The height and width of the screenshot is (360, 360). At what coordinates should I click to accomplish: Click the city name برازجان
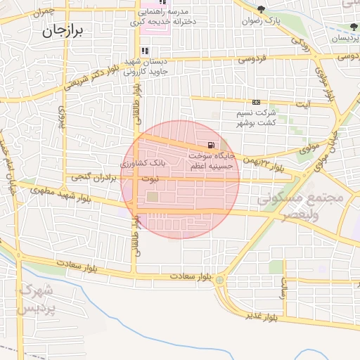click(x=63, y=30)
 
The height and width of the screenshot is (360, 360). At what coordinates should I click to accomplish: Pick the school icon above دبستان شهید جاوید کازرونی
click(x=145, y=51)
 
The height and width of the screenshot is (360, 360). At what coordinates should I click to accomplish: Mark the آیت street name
click(x=302, y=105)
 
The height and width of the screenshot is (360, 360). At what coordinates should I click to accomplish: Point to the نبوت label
click(x=150, y=179)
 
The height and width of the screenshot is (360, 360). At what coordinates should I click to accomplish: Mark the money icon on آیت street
click(x=256, y=102)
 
